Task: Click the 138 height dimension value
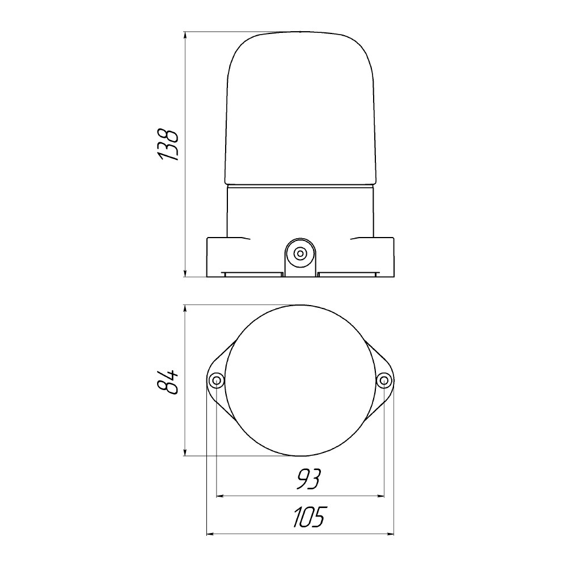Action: (x=168, y=144)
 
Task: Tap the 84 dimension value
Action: (x=168, y=382)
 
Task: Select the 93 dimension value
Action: (x=308, y=480)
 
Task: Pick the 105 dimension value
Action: (x=309, y=517)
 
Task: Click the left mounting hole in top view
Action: (x=217, y=380)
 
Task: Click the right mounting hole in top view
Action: (x=384, y=380)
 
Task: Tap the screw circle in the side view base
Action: (x=299, y=253)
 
